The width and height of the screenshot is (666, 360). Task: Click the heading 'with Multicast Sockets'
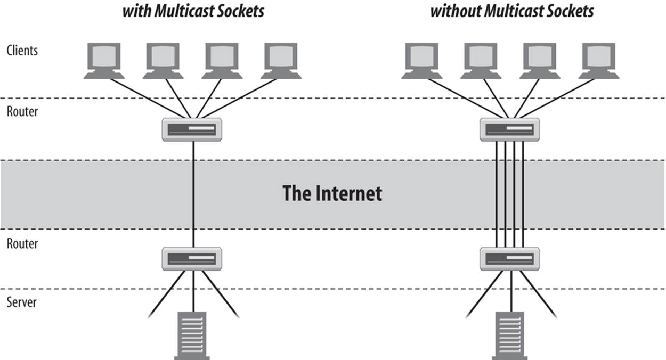pyautogui.click(x=193, y=11)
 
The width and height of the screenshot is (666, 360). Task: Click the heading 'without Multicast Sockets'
pyautogui.click(x=511, y=11)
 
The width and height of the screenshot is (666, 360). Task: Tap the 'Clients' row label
pyautogui.click(x=22, y=51)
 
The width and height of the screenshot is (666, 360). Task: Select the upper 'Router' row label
pyautogui.click(x=22, y=112)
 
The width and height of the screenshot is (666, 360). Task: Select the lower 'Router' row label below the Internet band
pyautogui.click(x=22, y=244)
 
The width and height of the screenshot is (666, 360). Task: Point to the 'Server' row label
pyautogui.click(x=21, y=302)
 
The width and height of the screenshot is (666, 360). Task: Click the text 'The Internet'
pyautogui.click(x=332, y=193)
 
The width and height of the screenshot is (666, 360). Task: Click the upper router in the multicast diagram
pyautogui.click(x=192, y=129)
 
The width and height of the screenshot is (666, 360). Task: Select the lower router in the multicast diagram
pyautogui.click(x=192, y=259)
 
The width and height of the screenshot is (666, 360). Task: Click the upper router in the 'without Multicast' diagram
pyautogui.click(x=510, y=129)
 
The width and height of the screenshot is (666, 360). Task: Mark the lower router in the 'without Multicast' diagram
pyautogui.click(x=510, y=259)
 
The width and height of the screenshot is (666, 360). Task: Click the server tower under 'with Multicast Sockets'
pyautogui.click(x=192, y=336)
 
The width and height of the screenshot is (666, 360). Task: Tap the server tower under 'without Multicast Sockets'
pyautogui.click(x=510, y=336)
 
